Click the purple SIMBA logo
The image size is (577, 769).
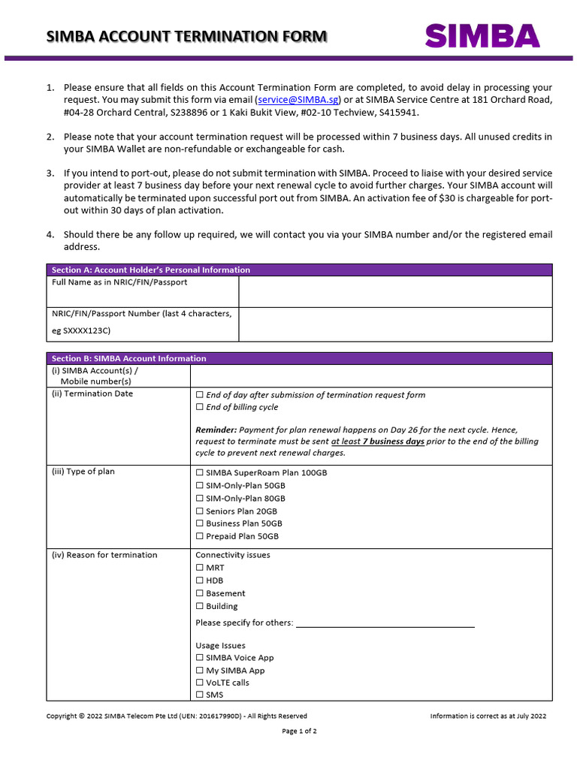482,36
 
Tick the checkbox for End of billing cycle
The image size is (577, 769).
199,407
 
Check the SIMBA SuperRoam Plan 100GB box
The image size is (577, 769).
199,473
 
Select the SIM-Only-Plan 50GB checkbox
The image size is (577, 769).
199,486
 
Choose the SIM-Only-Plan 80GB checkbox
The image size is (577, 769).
199,499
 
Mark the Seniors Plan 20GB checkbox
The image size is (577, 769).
199,511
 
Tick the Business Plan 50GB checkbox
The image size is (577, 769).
199,523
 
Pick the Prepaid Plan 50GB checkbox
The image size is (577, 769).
199,536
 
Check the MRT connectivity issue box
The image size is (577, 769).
199,568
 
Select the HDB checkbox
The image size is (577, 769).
199,581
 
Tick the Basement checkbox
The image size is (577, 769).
199,593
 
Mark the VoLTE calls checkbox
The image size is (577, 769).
199,683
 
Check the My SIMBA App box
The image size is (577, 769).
199,671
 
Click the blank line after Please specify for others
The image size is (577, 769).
385,623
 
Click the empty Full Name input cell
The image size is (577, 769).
394,291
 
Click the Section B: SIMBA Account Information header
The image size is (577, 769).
128,358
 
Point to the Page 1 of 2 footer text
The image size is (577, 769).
299,731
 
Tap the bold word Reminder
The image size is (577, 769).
216,430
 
